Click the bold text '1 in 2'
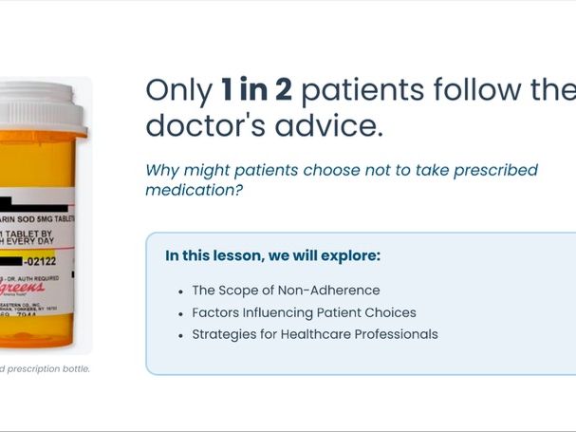click(255, 91)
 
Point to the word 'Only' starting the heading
click(178, 91)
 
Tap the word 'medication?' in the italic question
click(194, 190)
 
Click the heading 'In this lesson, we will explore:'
click(272, 256)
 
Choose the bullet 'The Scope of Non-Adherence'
click(286, 291)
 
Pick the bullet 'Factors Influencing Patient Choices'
click(304, 312)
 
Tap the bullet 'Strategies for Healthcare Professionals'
click(315, 334)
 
